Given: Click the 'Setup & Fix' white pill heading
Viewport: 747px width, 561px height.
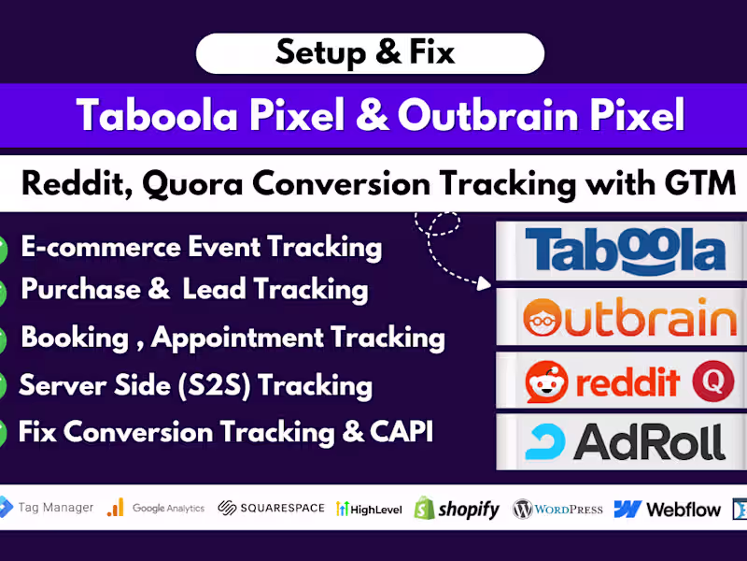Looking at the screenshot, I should pos(369,53).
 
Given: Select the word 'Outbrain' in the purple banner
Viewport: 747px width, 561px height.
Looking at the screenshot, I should pos(472,115).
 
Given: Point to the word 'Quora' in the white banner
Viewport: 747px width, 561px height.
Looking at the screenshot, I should pos(192,182).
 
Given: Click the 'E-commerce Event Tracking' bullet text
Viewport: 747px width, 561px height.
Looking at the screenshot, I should pos(201,247).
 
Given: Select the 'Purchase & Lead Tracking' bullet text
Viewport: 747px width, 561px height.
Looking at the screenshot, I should pos(194,289).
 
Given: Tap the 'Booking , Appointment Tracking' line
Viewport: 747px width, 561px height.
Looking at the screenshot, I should pos(233,337).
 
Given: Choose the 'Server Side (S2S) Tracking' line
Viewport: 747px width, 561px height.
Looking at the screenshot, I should pos(195,384).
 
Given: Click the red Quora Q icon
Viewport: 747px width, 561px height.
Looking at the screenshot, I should pos(712,381).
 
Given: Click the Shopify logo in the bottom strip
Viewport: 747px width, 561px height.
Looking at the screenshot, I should pos(458,509).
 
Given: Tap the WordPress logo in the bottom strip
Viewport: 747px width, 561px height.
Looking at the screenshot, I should pos(557,509).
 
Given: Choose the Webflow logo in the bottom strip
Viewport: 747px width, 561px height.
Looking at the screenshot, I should pos(667,509).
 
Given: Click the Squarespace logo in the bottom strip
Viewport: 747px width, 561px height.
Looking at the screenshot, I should pos(271,508).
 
